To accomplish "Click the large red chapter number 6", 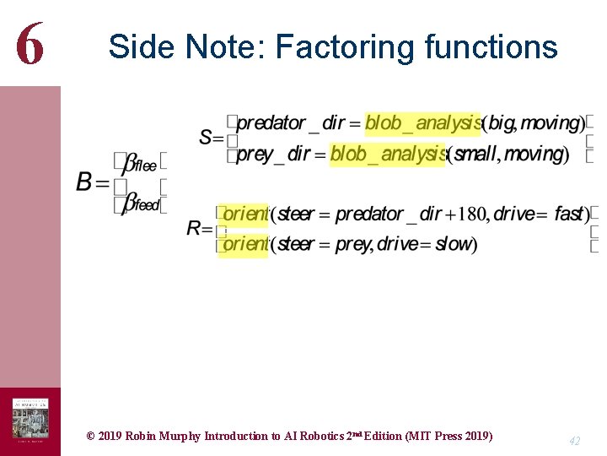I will point(30,44).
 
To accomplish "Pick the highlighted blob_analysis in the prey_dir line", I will point(387,155).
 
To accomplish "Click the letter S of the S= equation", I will point(207,137).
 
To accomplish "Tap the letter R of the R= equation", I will point(195,228).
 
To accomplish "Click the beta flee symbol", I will point(139,164).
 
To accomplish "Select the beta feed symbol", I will point(140,204).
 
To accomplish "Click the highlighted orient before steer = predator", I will point(244,214).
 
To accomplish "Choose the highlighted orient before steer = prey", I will point(244,245).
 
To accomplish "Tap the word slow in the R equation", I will point(454,245).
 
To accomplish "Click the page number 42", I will point(574,441).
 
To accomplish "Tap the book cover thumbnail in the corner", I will point(30,421).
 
